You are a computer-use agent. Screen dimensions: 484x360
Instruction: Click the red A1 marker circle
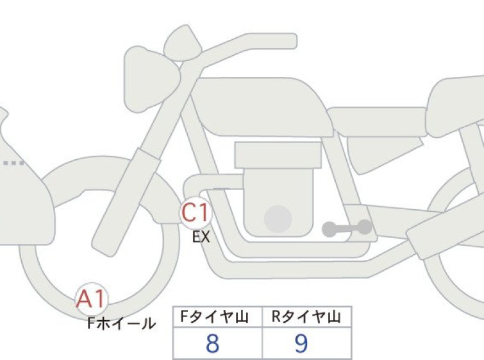[x=92, y=298]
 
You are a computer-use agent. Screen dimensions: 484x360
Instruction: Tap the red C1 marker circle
[x=196, y=212]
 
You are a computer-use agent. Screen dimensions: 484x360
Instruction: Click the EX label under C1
[x=201, y=237]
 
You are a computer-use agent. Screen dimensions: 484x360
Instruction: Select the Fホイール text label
[x=121, y=323]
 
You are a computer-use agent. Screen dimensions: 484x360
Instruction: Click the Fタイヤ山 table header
[x=214, y=317]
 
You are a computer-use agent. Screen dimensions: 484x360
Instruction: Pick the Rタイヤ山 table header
[x=306, y=317]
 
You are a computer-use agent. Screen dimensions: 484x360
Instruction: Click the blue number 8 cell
[x=212, y=343]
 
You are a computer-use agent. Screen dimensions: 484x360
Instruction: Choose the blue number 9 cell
[x=301, y=343]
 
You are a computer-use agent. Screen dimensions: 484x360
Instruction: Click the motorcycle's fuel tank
[x=262, y=107]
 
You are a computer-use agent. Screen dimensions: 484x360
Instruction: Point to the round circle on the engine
[x=278, y=219]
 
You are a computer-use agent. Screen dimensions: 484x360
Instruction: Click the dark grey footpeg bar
[x=347, y=228]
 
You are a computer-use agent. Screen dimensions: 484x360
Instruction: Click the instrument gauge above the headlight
[x=182, y=43]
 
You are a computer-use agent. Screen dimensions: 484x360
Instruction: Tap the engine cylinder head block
[x=278, y=155]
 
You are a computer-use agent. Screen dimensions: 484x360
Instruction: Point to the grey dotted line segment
[x=13, y=162]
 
